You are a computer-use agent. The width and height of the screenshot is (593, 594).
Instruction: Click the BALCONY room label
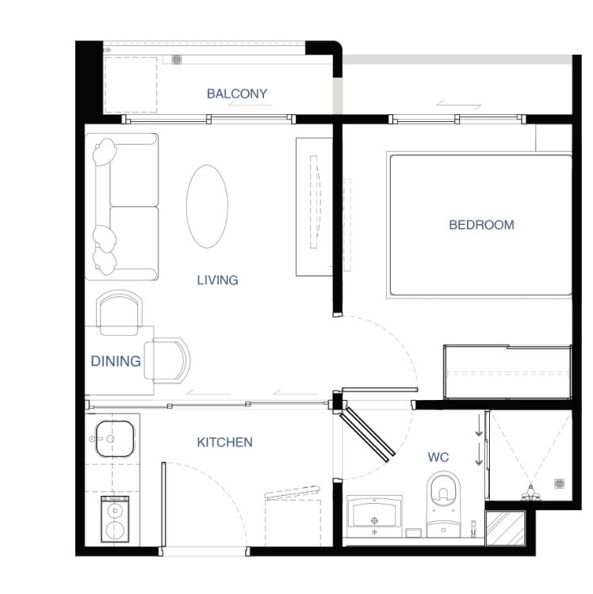(x=237, y=93)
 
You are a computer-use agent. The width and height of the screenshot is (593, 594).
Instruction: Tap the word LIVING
(x=218, y=280)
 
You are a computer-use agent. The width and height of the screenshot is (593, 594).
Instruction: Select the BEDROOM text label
(x=481, y=225)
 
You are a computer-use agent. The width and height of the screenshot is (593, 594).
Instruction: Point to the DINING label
(x=116, y=361)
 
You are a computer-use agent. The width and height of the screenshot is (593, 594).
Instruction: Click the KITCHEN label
(x=225, y=442)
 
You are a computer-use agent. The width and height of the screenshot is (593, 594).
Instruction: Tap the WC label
(x=438, y=457)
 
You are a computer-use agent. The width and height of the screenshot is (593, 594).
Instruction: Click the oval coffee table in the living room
(x=207, y=207)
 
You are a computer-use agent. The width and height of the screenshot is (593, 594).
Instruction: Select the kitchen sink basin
(x=115, y=439)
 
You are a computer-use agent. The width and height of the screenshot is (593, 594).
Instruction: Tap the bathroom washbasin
(x=375, y=516)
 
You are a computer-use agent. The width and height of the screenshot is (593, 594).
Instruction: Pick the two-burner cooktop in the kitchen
(x=115, y=519)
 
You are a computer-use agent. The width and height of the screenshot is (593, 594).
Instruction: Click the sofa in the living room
(x=122, y=207)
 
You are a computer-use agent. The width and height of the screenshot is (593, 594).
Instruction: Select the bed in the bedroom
(x=480, y=225)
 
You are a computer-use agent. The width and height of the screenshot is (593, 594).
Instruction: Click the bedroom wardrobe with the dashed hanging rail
(x=507, y=371)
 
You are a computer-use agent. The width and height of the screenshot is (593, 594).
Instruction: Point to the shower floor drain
(x=560, y=483)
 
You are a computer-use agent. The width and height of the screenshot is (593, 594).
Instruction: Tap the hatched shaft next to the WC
(x=506, y=528)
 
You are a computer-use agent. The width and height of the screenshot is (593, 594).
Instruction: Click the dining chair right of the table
(x=167, y=360)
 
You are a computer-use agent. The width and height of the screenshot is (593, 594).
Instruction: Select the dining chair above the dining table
(x=119, y=313)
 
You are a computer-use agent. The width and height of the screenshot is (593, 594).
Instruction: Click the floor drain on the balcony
(x=176, y=59)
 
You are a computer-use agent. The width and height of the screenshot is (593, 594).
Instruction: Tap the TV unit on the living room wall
(x=314, y=207)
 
